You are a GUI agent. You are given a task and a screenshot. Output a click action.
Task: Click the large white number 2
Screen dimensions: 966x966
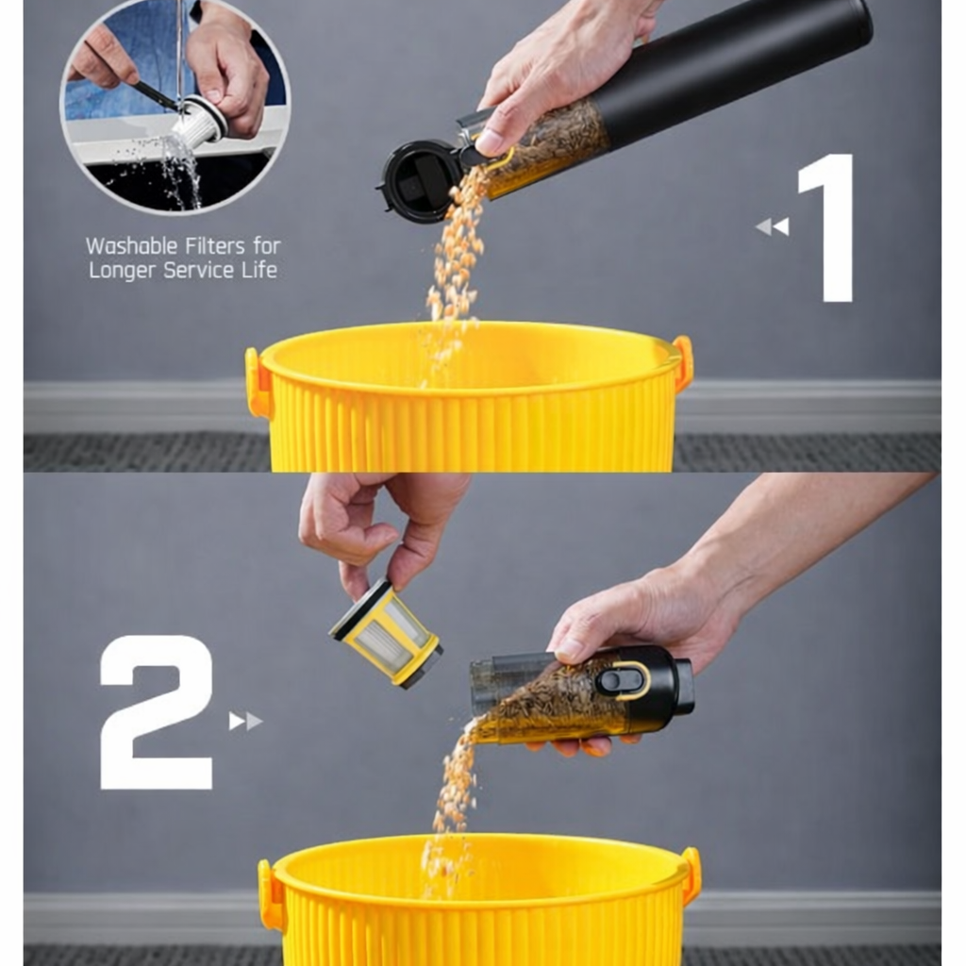tap(157, 712)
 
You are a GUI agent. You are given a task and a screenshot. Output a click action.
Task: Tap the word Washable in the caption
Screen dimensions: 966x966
tap(130, 246)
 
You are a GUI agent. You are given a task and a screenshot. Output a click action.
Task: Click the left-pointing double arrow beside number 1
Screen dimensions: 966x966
tap(772, 226)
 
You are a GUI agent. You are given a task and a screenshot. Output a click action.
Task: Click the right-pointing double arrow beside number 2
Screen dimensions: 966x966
tap(245, 722)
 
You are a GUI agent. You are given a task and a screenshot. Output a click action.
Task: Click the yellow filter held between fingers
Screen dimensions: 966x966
tap(387, 634)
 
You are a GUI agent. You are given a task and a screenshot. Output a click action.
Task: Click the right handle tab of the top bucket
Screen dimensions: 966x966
tap(683, 362)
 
